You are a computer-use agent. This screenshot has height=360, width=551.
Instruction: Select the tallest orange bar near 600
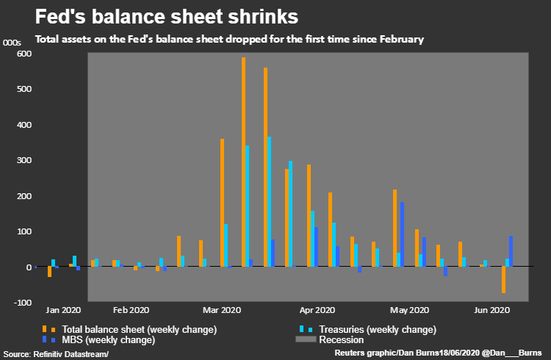point(243,162)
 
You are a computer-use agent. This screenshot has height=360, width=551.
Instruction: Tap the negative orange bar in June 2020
point(504,280)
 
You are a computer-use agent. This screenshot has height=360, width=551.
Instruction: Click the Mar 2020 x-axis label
point(222,310)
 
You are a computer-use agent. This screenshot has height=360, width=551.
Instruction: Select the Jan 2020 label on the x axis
point(63,310)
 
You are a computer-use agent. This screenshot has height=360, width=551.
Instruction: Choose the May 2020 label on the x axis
point(409,310)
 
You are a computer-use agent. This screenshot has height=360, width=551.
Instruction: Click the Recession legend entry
point(340,339)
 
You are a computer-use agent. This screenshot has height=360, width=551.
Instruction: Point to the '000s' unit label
point(12,43)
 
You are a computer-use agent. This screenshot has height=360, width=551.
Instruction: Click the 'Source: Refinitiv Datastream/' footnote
point(56,354)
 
